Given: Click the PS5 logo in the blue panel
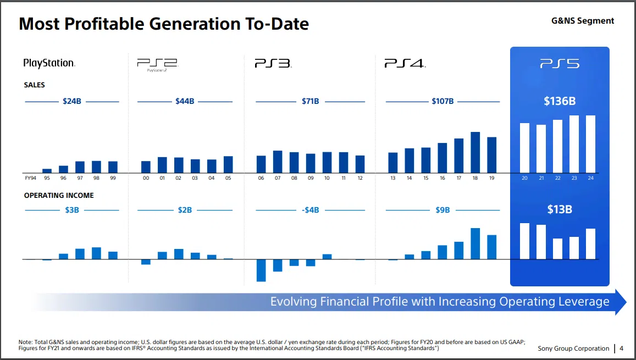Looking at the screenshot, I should coord(560,64).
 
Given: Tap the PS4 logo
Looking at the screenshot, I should coord(405,64).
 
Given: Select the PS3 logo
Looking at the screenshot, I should coord(273,64).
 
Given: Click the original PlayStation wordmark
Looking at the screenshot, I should coord(49,63).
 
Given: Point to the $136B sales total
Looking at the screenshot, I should coord(560,101).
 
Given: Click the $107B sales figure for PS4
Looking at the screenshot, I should coord(443,101).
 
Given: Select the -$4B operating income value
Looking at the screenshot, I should coord(311,210).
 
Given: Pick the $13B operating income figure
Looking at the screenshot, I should coord(560,209).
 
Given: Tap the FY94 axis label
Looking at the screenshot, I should coord(30,178).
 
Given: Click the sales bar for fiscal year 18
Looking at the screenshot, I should coord(475,152).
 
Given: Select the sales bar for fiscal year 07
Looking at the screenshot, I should coord(278,162).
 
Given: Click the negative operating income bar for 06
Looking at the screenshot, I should coord(261,270).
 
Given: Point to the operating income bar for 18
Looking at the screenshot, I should coord(475,243).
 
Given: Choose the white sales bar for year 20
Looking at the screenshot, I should coord(525,147).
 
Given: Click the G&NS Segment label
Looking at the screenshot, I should coord(583,21).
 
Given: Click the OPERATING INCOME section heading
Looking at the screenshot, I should coord(59,195).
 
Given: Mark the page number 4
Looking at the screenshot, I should coord(621,348).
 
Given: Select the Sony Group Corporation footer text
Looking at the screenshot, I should coord(573,348).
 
